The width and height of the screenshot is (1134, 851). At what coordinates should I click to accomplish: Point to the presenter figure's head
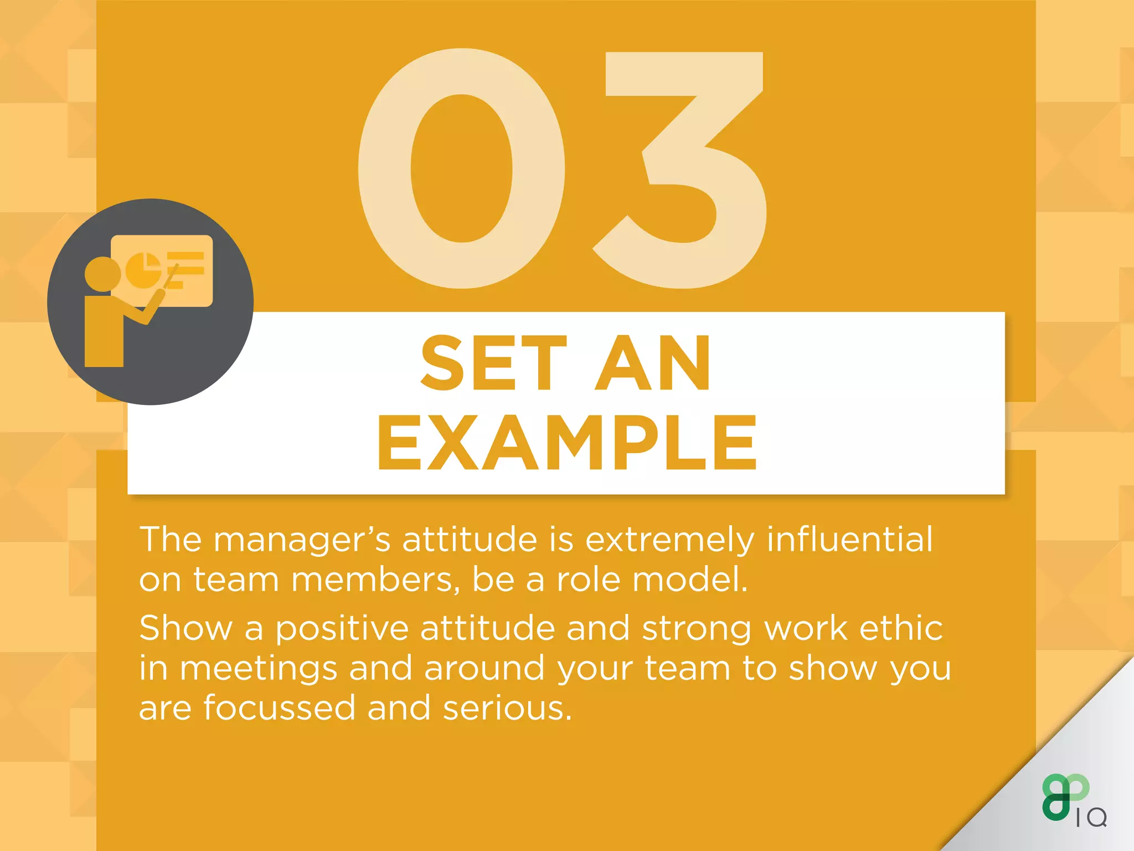point(102,274)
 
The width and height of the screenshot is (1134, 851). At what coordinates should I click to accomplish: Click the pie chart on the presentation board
point(143,270)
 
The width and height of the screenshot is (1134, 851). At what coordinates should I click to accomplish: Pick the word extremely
point(669,540)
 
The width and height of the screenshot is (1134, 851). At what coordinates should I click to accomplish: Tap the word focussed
point(279,708)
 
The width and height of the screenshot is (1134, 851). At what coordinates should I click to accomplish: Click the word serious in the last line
point(507,708)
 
